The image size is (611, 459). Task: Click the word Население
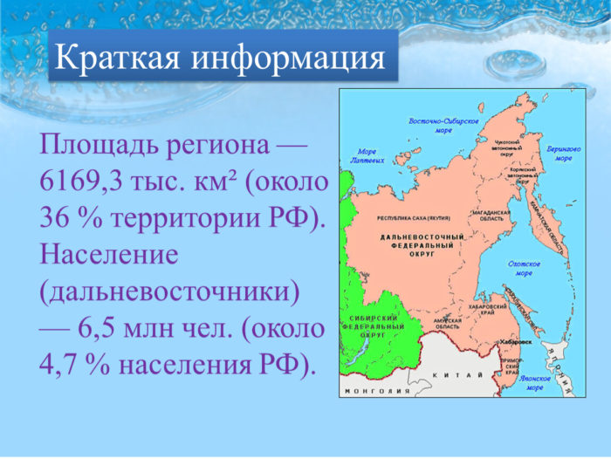(x=109, y=255)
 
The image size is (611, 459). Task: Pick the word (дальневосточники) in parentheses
(x=170, y=291)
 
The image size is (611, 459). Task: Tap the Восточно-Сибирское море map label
(x=444, y=125)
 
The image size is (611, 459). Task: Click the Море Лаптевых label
(x=365, y=155)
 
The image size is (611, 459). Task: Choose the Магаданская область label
(x=490, y=216)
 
